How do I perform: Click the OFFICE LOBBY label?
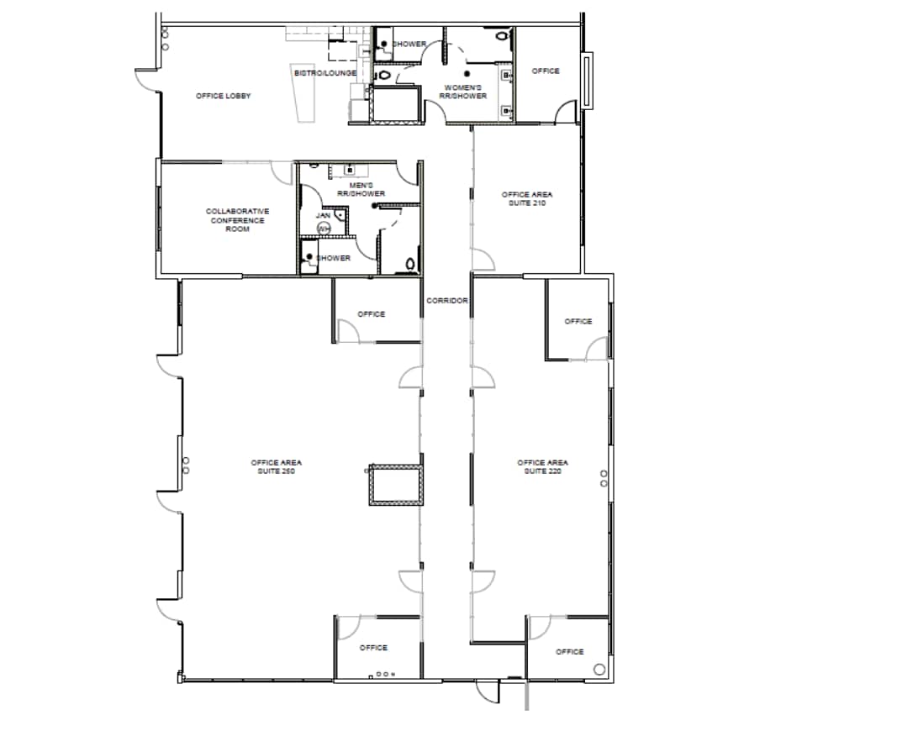(224, 96)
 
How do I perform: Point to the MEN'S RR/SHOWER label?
(361, 189)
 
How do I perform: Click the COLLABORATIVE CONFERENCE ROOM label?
(238, 220)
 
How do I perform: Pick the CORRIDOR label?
(446, 300)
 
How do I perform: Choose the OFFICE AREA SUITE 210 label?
(527, 198)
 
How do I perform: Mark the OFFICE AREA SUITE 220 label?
(543, 466)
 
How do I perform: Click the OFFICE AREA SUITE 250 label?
(276, 466)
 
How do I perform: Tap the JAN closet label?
(324, 216)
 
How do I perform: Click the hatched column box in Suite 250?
(394, 485)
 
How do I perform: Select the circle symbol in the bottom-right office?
(599, 669)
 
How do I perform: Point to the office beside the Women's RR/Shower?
(546, 71)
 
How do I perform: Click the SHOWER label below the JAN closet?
(334, 258)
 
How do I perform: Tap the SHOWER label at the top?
(409, 44)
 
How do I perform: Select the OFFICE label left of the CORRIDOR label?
(371, 314)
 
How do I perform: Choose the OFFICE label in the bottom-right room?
(569, 651)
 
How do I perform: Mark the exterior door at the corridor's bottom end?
(486, 691)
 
